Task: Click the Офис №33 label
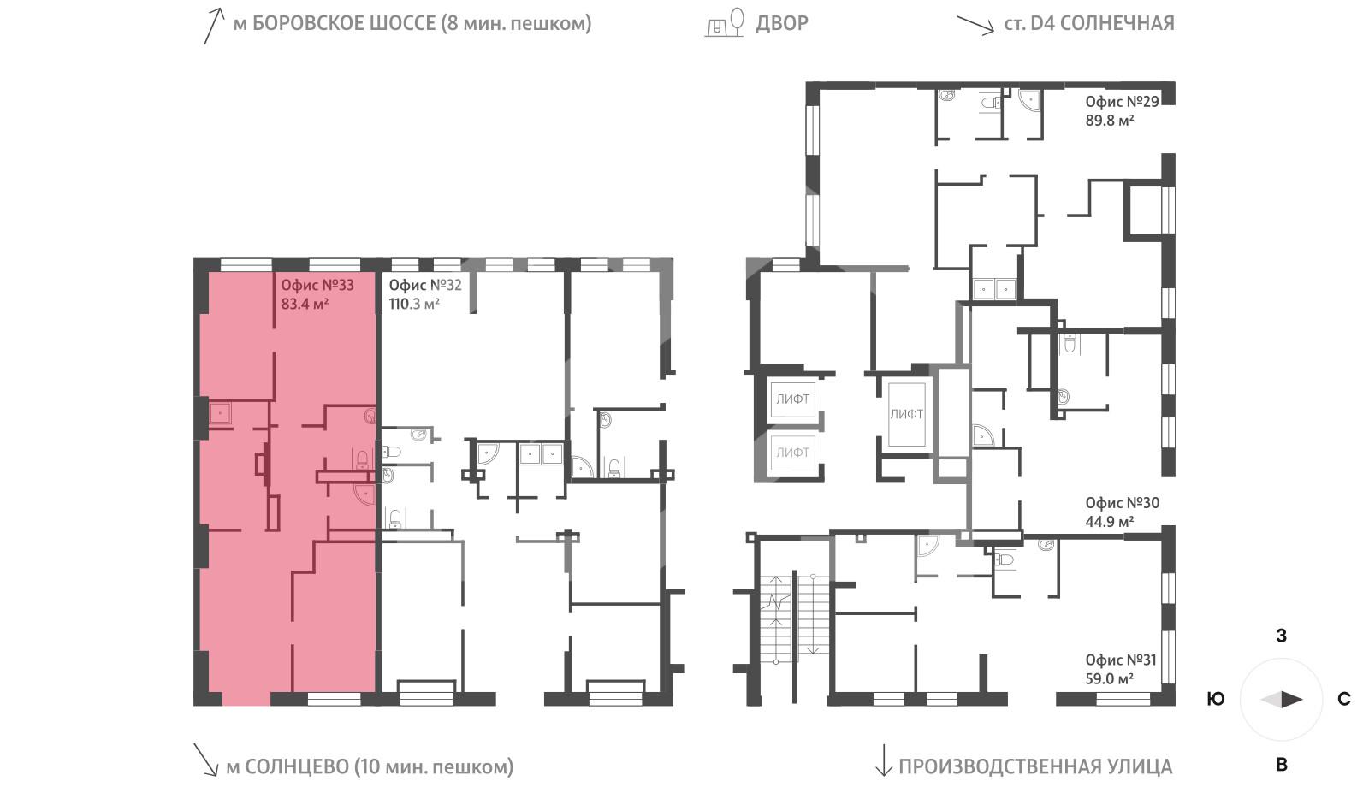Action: (x=317, y=285)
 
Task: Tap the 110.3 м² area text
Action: (x=413, y=304)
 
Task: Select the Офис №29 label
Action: (x=1122, y=102)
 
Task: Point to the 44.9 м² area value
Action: (x=1110, y=521)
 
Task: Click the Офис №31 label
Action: (x=1120, y=660)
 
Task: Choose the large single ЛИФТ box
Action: (x=906, y=414)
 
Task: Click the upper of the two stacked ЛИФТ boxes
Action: (x=792, y=399)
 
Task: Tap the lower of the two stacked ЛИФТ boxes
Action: (x=792, y=452)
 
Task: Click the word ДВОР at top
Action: (x=781, y=23)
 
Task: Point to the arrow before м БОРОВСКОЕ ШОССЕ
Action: (x=213, y=25)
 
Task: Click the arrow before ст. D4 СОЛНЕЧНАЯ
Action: (x=975, y=23)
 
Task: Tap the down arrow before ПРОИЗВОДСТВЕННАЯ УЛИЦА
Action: (x=881, y=760)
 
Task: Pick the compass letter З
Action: (x=1281, y=636)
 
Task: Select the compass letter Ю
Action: (x=1215, y=699)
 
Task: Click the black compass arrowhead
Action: (x=1292, y=700)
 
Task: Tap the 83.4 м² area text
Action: (x=305, y=304)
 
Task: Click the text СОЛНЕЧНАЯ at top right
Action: (x=1117, y=23)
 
